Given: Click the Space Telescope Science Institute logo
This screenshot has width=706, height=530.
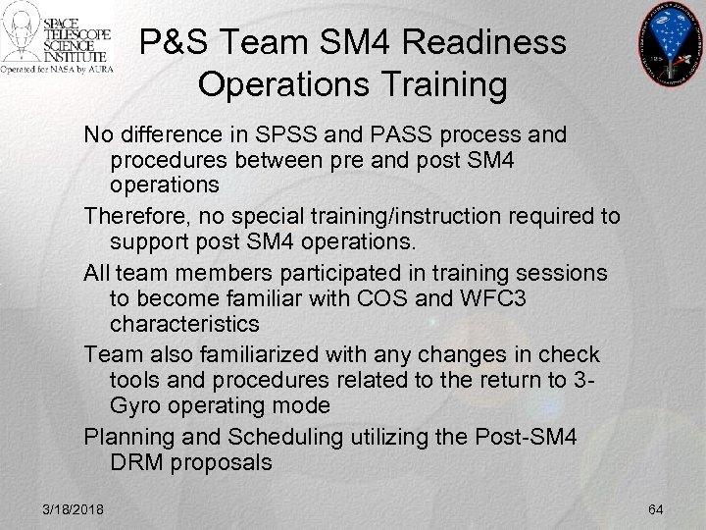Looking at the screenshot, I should (57, 40).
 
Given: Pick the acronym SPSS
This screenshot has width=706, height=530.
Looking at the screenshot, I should (282, 132).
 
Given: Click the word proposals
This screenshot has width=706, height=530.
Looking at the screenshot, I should (225, 463).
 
